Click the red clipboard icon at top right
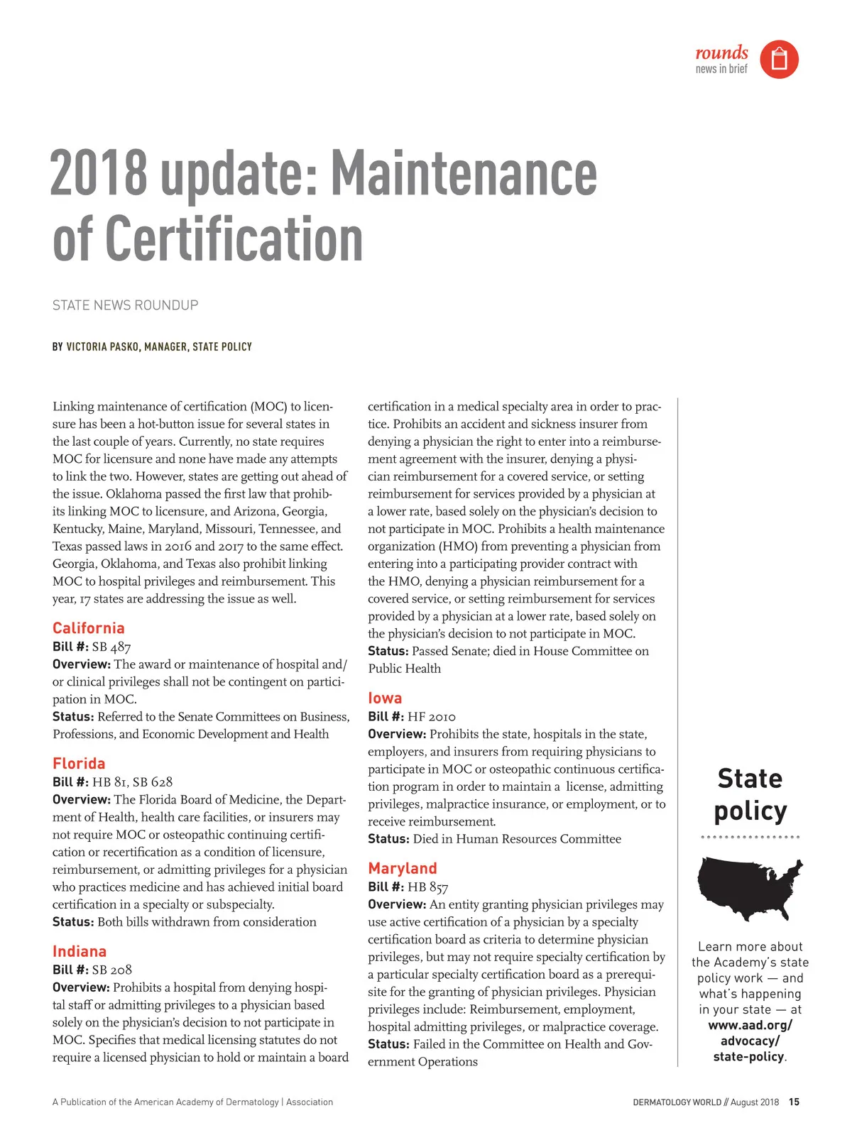coord(779,59)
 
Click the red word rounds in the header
coord(721,53)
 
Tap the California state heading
coord(89,628)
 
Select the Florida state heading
coord(79,764)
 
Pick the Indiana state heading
coord(80,952)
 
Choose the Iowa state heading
coord(385,698)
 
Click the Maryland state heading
coord(403,869)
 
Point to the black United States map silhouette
coord(750,887)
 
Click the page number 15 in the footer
coord(794,1102)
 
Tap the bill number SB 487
coord(111,647)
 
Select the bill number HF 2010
coord(432,717)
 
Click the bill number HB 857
coord(427,887)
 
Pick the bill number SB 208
coord(112,970)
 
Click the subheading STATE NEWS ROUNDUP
coord(126,305)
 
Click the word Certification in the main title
coord(234,239)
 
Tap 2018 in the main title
coord(99,174)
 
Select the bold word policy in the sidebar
coord(750,811)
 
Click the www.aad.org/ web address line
coord(750,1026)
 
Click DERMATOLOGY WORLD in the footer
coord(677,1102)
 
